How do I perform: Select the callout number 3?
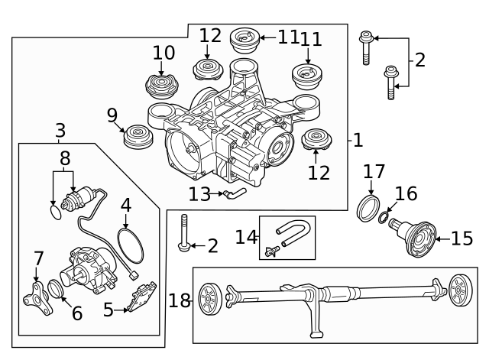click(x=60, y=131)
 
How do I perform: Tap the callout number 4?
click(x=126, y=205)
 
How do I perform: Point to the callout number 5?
click(x=108, y=310)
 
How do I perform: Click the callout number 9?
click(x=112, y=116)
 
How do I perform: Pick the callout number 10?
click(x=164, y=53)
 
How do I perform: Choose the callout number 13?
click(x=199, y=194)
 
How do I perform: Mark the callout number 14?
click(x=246, y=237)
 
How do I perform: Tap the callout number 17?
click(x=374, y=171)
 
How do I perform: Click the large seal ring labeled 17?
click(x=369, y=207)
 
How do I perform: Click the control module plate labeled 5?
click(x=142, y=297)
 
